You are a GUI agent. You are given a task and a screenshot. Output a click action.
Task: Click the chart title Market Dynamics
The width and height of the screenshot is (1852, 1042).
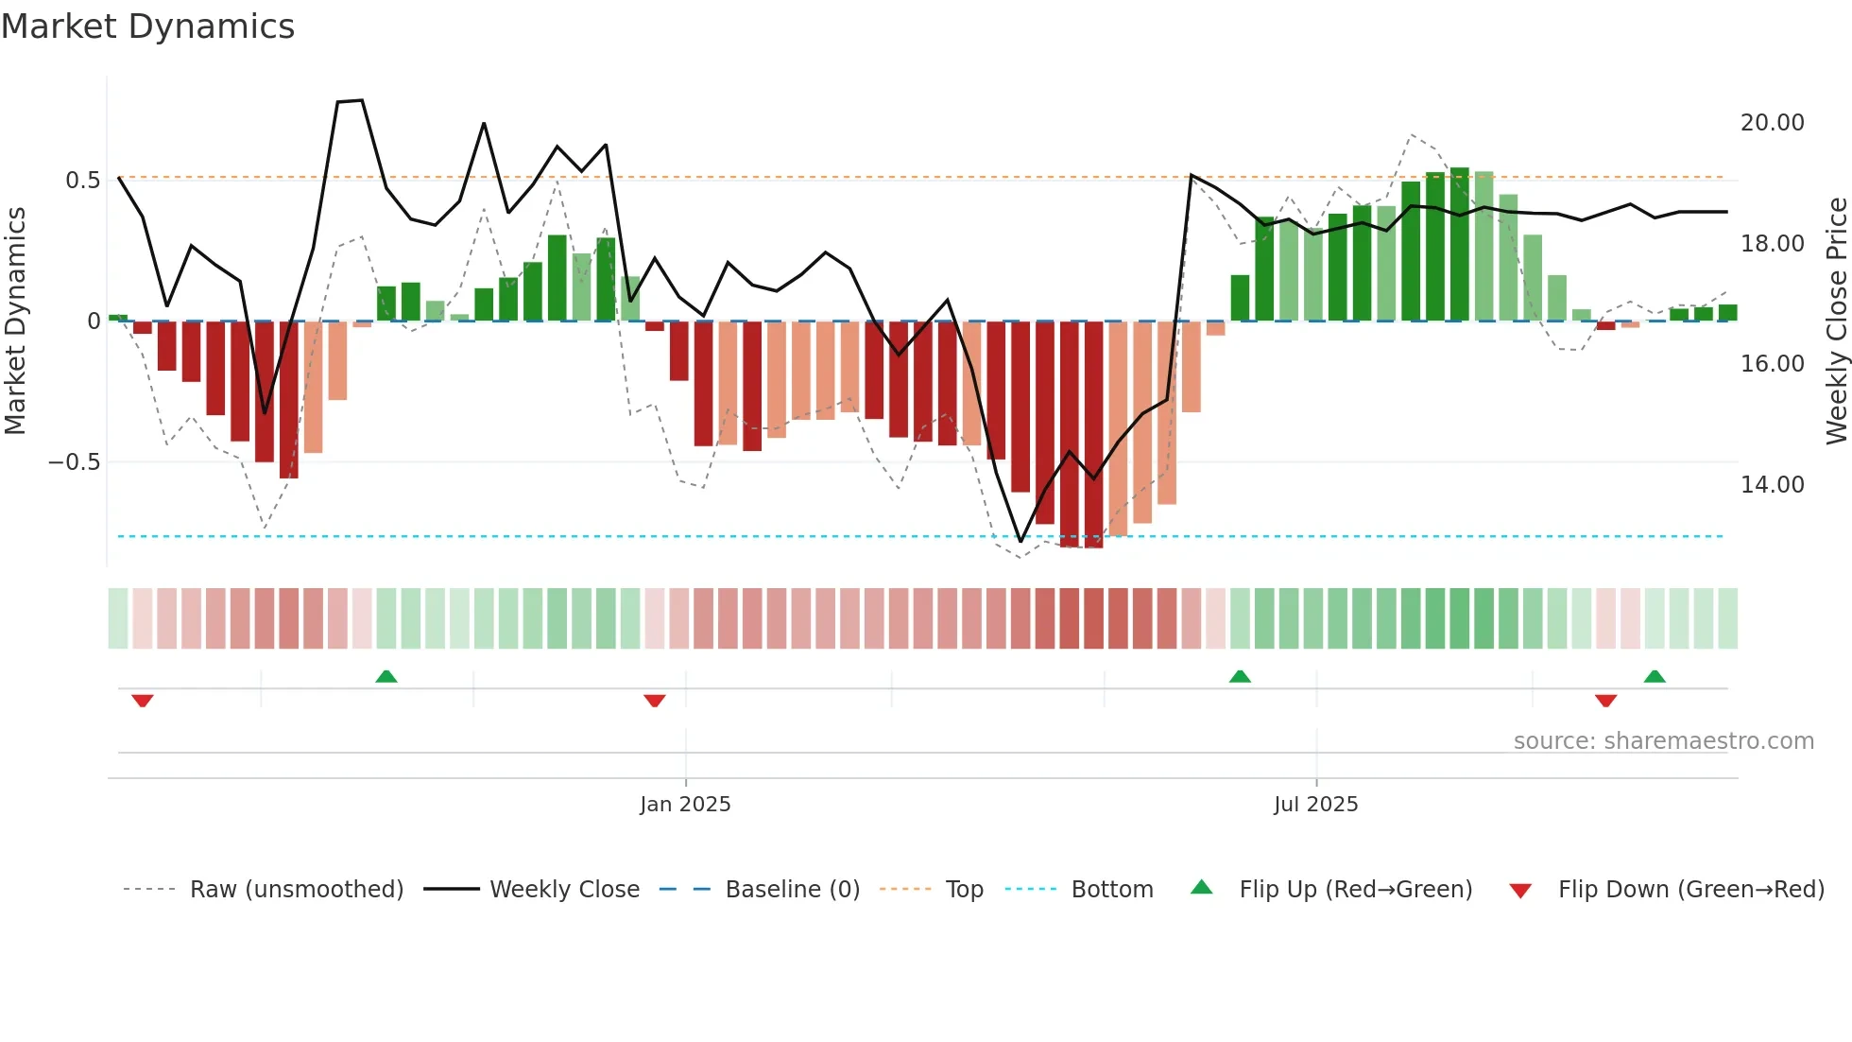coord(147,26)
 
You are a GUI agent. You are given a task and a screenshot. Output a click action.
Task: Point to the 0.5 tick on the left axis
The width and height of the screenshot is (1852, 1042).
coord(82,181)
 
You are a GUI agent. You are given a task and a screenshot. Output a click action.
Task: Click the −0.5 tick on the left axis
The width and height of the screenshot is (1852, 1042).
coord(74,462)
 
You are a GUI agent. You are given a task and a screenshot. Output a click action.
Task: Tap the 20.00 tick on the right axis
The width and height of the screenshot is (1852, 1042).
coord(1772,123)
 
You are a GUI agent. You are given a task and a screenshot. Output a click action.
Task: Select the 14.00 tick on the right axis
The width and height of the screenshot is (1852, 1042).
coord(1772,485)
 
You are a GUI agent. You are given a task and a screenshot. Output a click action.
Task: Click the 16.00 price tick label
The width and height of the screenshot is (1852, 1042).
coord(1772,364)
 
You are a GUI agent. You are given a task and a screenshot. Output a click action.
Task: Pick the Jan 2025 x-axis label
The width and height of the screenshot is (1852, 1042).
coord(685,805)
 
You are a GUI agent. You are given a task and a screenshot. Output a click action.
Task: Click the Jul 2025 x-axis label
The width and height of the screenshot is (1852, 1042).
coord(1315,805)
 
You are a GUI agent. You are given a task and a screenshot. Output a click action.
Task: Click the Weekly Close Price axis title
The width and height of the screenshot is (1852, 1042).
coord(1836,321)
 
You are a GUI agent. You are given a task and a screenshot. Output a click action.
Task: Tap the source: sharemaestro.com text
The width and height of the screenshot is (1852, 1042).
coord(1663,741)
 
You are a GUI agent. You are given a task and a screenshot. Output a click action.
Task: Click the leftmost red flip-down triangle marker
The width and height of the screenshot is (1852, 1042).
coord(143,701)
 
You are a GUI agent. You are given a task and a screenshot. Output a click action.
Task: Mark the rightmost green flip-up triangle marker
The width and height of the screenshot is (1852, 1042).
coord(1654,676)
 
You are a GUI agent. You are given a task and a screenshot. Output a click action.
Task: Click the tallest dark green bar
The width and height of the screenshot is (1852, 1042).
coord(1460,244)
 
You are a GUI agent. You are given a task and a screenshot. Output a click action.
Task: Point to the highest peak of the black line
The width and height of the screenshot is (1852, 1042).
coord(361,100)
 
